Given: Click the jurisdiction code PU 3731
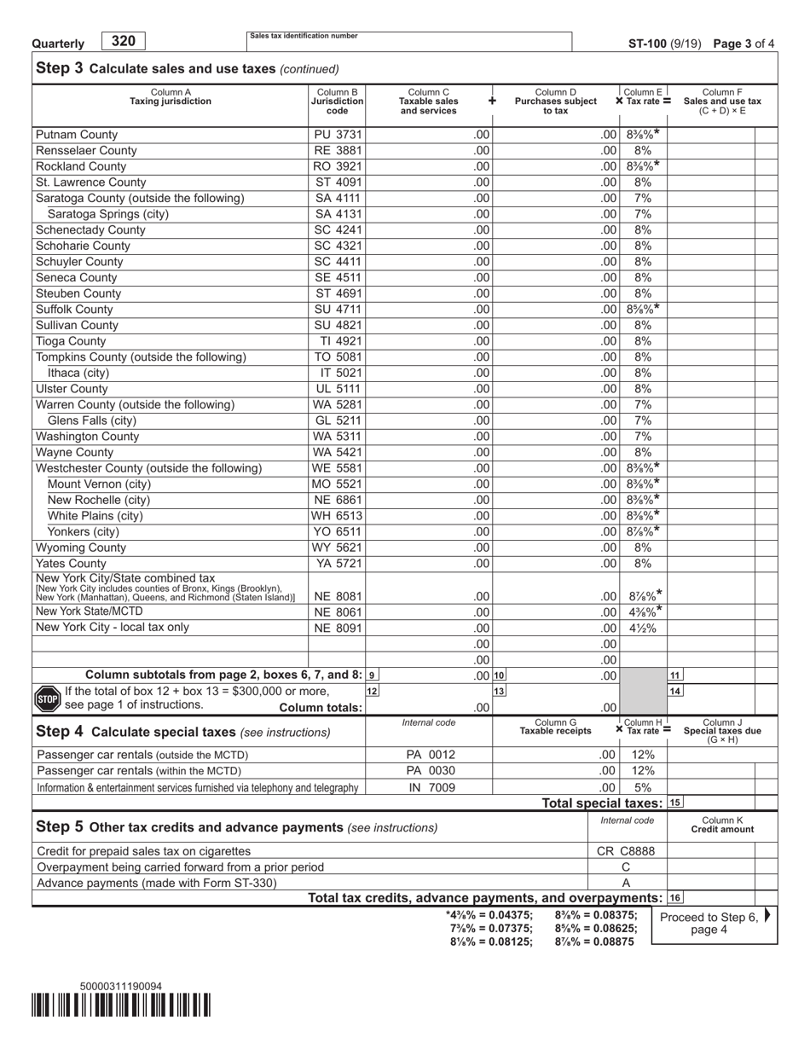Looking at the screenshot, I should pyautogui.click(x=338, y=135).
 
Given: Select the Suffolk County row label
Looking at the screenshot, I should pyautogui.click(x=74, y=310).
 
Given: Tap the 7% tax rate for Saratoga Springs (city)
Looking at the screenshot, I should pyautogui.click(x=643, y=214).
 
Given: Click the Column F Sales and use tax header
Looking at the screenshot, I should pyautogui.click(x=721, y=101).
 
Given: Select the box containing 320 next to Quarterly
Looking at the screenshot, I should pyautogui.click(x=124, y=41).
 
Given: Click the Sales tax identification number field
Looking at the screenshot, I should pyautogui.click(x=409, y=43).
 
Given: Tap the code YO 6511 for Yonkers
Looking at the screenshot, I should pyautogui.click(x=338, y=532).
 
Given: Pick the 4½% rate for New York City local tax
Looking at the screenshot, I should pyautogui.click(x=643, y=629).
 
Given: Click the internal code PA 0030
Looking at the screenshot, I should pyautogui.click(x=428, y=771).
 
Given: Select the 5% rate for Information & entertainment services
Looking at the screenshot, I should pyautogui.click(x=643, y=788).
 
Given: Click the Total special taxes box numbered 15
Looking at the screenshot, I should pyautogui.click(x=674, y=803).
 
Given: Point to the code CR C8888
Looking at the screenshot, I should pyautogui.click(x=626, y=851).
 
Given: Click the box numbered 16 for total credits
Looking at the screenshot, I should pyautogui.click(x=674, y=898).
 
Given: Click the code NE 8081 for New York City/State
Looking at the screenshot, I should pyautogui.click(x=338, y=597).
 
